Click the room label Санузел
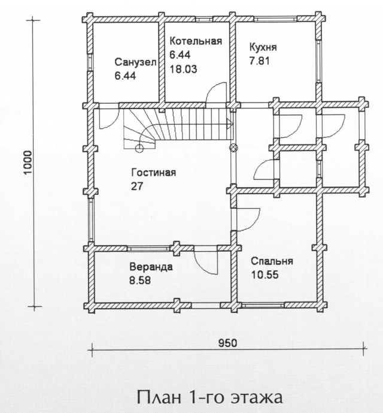click(x=135, y=62)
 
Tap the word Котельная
click(x=196, y=41)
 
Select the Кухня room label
click(x=263, y=48)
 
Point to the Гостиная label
click(x=154, y=173)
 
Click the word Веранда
click(x=151, y=267)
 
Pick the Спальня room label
click(x=272, y=261)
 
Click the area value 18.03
click(x=183, y=70)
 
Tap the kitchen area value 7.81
click(x=259, y=61)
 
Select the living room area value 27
click(x=137, y=186)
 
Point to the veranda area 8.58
click(x=140, y=281)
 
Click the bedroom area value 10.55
click(x=265, y=275)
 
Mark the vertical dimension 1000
click(x=28, y=162)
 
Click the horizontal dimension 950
click(x=227, y=343)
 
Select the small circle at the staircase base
click(x=139, y=149)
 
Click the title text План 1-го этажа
click(x=209, y=397)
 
